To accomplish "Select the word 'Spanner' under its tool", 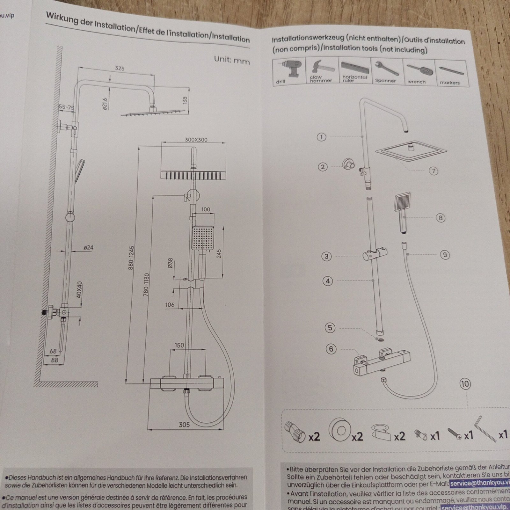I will coord(385,81).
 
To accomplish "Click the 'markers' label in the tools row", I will coord(450,83).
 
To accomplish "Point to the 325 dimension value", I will coord(120,69).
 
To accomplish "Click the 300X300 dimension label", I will coord(196,140).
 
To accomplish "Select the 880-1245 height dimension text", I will coord(131,258).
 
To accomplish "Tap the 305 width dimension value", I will coord(184,424).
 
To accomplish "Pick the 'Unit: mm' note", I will coord(232,60).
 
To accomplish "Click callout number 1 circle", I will coord(322,137).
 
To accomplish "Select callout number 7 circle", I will coord(433,171).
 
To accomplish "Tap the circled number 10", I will coord(465,384).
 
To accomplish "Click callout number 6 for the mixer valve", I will coord(331,349).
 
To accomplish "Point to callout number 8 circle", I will coord(440,218).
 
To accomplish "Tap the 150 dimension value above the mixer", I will coord(179,345).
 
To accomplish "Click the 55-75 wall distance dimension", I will coord(66,108).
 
